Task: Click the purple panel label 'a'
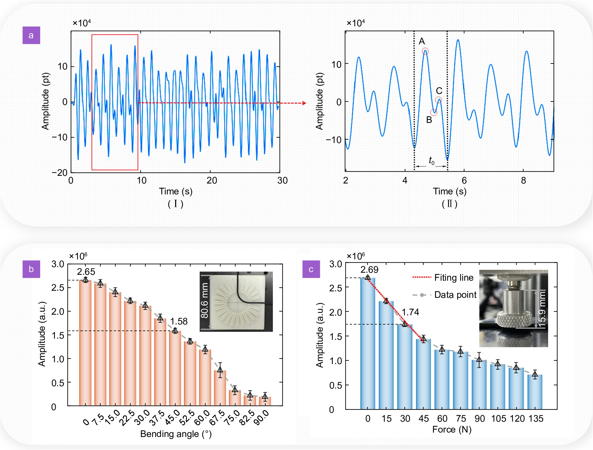coord(31,35)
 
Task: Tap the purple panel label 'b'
coord(31,269)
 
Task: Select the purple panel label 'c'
coord(311,269)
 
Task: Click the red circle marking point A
coord(425,51)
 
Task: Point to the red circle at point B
coord(434,112)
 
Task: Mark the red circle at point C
coord(439,100)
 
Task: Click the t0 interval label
coord(431,161)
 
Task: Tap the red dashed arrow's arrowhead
coord(304,103)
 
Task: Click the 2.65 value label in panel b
coord(86,272)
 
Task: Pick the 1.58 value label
coord(179,321)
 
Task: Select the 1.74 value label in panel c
coord(410,312)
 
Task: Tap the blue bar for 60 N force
coord(442,379)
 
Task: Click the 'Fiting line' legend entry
coord(454,278)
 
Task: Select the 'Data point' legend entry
coord(455,295)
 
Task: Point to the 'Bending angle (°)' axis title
coord(176,434)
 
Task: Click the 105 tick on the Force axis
coord(498,419)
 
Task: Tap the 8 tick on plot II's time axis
coord(523,181)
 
